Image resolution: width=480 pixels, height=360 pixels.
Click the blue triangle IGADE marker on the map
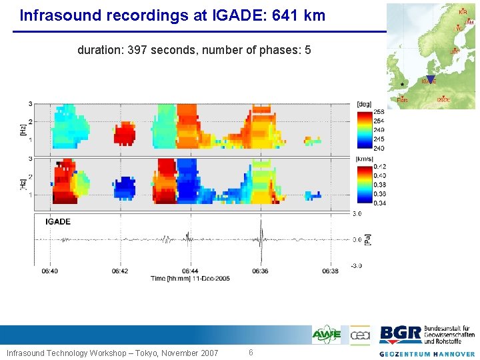click(431, 79)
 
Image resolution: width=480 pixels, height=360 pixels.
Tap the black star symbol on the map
click(403, 85)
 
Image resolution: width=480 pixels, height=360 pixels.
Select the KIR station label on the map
click(463, 11)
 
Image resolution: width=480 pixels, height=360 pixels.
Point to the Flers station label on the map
click(402, 100)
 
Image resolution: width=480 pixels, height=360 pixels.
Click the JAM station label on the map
click(469, 22)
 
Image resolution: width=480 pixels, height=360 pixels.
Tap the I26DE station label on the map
click(443, 100)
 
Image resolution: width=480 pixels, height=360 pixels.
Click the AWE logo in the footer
click(327, 335)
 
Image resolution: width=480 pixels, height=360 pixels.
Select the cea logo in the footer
click(359, 335)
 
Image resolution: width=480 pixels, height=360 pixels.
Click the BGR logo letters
click(400, 334)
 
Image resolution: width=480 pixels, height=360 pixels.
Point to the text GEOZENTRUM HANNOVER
click(427, 354)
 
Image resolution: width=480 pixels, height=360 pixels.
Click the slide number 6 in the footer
click(251, 353)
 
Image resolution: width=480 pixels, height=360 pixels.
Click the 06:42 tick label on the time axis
click(120, 271)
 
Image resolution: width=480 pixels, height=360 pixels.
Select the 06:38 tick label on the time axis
click(331, 271)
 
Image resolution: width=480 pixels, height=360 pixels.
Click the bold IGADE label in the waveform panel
click(58, 221)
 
